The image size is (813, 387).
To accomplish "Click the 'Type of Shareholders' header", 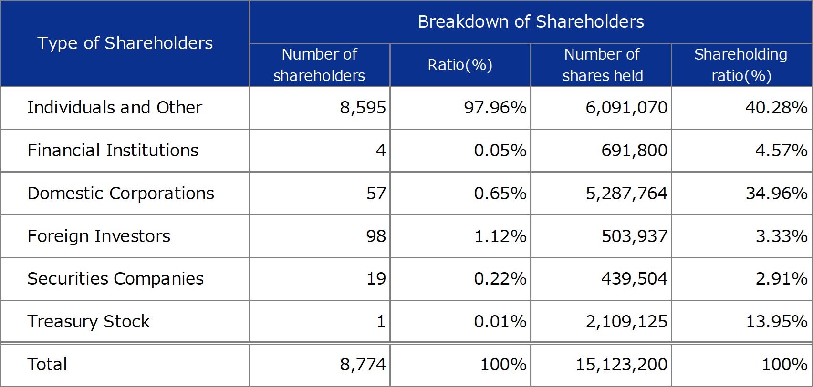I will click(125, 43).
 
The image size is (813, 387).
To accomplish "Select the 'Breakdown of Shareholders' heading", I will click(531, 22).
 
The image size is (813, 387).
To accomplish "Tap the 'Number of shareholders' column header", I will click(319, 65).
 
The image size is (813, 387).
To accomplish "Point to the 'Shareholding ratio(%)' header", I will click(741, 65).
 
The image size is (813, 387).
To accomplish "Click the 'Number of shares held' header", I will click(602, 65).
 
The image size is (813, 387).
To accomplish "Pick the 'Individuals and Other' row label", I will click(115, 108).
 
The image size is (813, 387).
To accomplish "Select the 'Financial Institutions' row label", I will click(113, 151).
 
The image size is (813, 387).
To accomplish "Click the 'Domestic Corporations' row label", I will click(121, 193).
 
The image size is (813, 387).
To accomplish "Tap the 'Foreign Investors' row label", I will click(99, 236).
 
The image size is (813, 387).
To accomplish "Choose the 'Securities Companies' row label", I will click(115, 279).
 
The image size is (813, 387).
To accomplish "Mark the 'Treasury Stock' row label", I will click(88, 322).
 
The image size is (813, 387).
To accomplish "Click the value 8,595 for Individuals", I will click(363, 108).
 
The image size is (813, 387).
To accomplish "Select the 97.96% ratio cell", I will click(495, 108).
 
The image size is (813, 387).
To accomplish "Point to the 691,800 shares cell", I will click(634, 151).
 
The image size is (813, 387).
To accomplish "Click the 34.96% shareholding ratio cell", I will click(776, 193).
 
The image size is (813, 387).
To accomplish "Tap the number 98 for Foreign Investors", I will click(376, 236).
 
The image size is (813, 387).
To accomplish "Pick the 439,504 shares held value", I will click(634, 279).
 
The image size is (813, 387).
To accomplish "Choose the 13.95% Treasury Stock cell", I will click(776, 322).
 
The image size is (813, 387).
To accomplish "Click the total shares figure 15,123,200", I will click(621, 365).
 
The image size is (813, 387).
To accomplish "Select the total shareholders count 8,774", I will click(363, 365).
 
